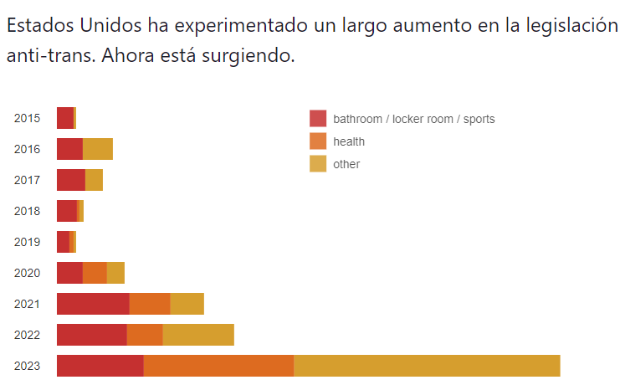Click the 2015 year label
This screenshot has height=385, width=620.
click(x=27, y=118)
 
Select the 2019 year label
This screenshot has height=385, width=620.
click(x=27, y=242)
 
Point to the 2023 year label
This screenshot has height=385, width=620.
click(x=27, y=366)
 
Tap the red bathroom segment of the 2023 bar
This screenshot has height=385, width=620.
click(x=100, y=366)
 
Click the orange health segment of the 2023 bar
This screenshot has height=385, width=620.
click(x=218, y=366)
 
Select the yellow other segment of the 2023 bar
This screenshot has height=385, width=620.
click(x=427, y=366)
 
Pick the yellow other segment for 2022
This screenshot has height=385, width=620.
click(x=198, y=335)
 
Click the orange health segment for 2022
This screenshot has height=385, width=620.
click(x=145, y=335)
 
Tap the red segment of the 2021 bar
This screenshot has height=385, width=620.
click(x=93, y=304)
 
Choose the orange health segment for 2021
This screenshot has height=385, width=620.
click(x=150, y=304)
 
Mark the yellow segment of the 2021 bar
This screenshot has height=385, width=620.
click(x=187, y=304)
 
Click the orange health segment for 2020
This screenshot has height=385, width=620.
click(x=95, y=273)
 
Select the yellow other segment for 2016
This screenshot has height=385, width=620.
click(x=98, y=149)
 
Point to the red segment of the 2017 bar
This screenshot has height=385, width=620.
click(x=71, y=180)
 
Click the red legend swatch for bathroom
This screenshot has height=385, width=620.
click(x=318, y=119)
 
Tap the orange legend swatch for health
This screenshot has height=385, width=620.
click(x=318, y=141)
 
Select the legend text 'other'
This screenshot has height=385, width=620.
click(x=346, y=164)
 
